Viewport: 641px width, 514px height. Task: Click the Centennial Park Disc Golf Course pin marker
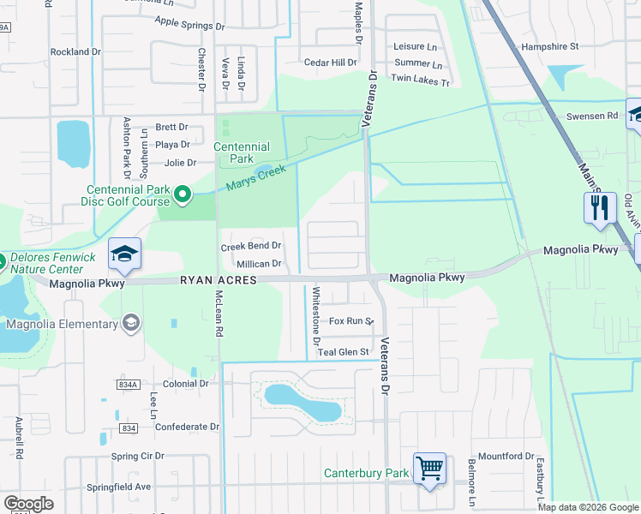coord(182,196)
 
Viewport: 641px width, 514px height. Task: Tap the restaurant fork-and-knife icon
coord(600,207)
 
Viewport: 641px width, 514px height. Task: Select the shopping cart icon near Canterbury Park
coord(429,469)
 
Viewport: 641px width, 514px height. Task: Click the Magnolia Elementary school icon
coord(130,323)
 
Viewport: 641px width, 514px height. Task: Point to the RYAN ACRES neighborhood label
coord(218,280)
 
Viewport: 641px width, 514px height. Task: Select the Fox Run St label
coord(351,321)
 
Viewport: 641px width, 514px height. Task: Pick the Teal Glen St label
coord(343,352)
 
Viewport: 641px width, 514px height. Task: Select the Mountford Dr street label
coord(506,457)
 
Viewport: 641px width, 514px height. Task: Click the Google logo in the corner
coord(28,504)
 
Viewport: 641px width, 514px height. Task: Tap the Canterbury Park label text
coord(366,473)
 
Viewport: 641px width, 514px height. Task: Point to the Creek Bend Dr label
coord(251,247)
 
